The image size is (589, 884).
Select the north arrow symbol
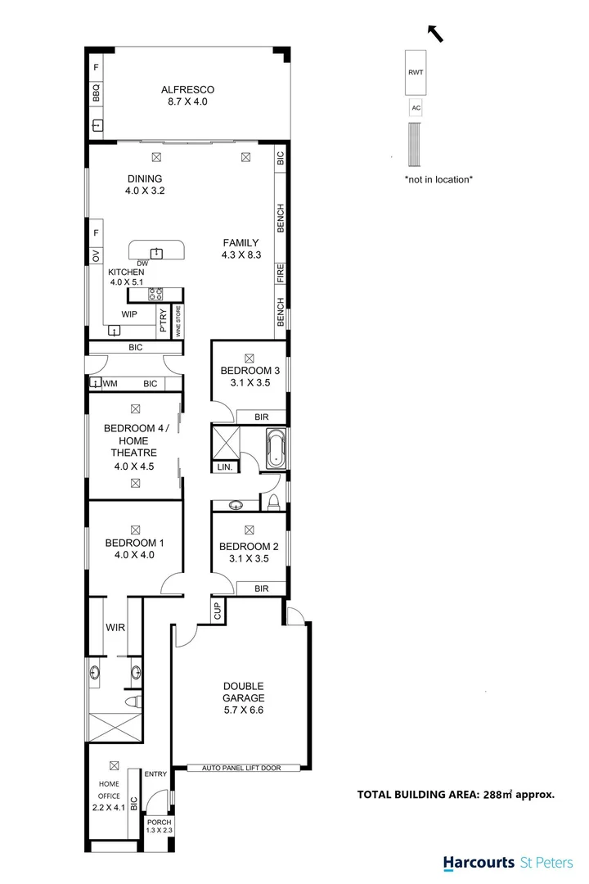[437, 33]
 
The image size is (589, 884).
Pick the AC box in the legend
[416, 108]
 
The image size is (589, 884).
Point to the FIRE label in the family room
[281, 273]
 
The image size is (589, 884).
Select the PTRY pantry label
[164, 320]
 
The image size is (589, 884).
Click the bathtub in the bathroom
[277, 449]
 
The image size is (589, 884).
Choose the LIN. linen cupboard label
[224, 467]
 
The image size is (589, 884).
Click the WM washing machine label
[110, 384]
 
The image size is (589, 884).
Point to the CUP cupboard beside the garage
[218, 611]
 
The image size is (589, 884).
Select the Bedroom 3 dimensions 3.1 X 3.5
[250, 382]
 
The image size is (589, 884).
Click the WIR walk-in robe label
[115, 628]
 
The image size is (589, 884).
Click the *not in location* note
[438, 178]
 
